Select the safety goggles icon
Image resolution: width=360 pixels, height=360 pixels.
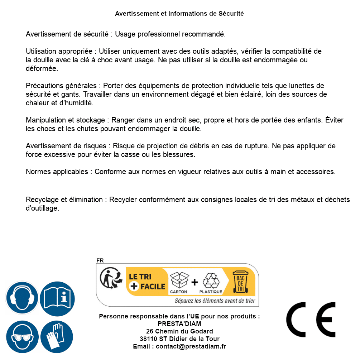pos(22,337)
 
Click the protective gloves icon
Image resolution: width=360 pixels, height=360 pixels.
pos(57,337)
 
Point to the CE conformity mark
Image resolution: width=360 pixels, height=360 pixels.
pos(311,320)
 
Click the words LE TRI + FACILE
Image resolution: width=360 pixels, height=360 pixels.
pos(147,282)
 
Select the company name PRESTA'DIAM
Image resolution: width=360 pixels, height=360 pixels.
pos(179,324)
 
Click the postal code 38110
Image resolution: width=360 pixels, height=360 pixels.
pos(148,339)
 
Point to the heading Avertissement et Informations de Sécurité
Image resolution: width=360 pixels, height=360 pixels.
pos(179,14)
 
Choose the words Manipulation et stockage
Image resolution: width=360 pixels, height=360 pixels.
pos(65,120)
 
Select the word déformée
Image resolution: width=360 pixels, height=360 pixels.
pos(41,68)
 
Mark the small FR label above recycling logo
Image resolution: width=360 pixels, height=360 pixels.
pos(100,260)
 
